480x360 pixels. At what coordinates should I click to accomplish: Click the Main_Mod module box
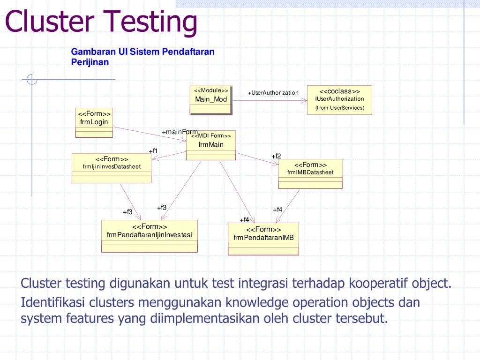[x=211, y=100]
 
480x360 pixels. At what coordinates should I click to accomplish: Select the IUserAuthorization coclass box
[x=339, y=100]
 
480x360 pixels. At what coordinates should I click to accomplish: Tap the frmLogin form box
[x=94, y=123]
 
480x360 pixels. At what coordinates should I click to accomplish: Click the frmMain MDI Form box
[x=211, y=145]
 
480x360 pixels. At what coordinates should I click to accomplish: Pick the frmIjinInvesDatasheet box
[x=112, y=168]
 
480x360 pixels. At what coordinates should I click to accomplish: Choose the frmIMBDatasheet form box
[x=310, y=174]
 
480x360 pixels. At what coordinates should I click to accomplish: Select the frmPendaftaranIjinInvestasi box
[x=150, y=236]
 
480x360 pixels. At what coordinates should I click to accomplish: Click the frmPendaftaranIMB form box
[x=263, y=239]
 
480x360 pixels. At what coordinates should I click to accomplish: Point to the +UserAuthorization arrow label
[x=273, y=93]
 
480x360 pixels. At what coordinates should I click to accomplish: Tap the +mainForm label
[x=180, y=132]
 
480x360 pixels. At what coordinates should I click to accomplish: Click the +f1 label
[x=153, y=151]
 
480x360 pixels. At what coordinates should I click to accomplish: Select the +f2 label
[x=276, y=156]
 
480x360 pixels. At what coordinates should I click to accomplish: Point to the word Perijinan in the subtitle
[x=90, y=62]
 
